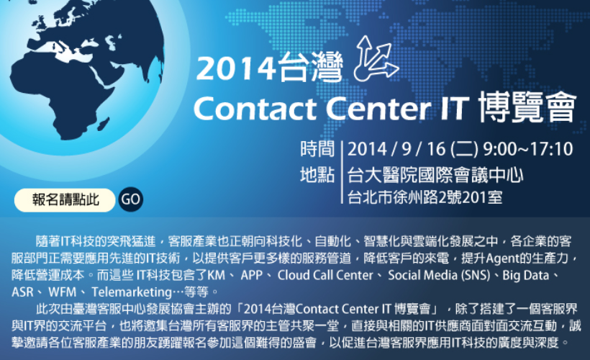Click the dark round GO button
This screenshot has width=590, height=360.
point(130,199)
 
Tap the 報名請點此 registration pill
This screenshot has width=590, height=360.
point(65,200)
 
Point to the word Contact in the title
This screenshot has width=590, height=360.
point(255,109)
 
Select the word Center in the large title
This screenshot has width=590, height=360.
point(378,109)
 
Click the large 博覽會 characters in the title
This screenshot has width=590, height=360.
point(527,107)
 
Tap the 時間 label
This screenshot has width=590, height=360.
point(317,149)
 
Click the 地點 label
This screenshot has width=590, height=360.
point(317,175)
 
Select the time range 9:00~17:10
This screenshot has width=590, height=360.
point(528,149)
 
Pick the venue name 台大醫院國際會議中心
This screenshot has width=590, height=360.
point(435,175)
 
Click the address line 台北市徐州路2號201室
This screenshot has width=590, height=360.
point(425,197)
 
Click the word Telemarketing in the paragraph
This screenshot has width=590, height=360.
point(132,292)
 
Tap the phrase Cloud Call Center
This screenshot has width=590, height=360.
point(325,275)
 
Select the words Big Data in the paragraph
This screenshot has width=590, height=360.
point(526,275)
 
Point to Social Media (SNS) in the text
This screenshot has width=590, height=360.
point(439,275)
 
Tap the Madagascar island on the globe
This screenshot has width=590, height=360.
point(103,124)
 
